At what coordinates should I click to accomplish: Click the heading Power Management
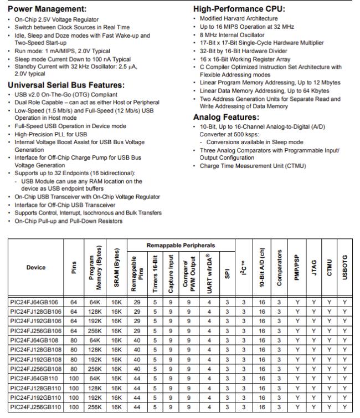(x=47, y=9)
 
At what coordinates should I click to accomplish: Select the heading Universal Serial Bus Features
(x=66, y=85)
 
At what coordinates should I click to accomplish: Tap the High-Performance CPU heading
(x=239, y=9)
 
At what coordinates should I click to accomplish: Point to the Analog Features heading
(x=226, y=118)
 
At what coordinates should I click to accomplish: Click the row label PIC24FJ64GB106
(x=35, y=303)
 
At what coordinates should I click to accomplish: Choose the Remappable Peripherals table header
(x=181, y=245)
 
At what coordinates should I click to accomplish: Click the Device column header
(x=35, y=268)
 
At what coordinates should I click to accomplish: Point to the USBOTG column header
(x=344, y=268)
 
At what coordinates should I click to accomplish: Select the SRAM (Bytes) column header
(x=116, y=268)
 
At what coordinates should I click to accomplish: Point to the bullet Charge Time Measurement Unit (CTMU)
(x=253, y=166)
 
